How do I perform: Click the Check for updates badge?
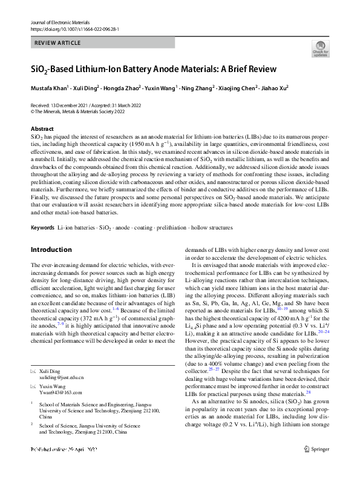point(320,49)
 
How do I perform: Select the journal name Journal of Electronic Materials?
point(61,22)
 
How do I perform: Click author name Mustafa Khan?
point(49,88)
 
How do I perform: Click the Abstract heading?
point(42,129)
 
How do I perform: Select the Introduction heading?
point(51,249)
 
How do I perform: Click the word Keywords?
point(42,228)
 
